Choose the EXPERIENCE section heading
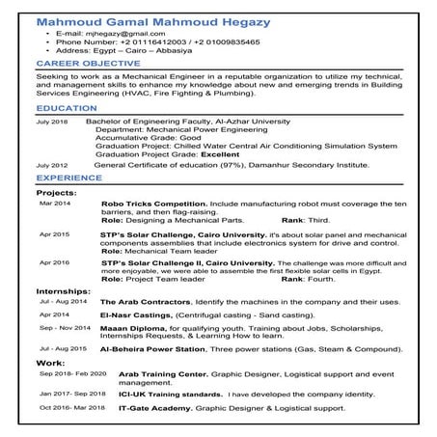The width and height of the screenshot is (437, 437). [68, 178]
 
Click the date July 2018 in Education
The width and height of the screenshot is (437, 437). [52, 123]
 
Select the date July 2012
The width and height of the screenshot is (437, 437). [52, 166]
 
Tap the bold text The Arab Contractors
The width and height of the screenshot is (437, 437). [141, 302]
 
